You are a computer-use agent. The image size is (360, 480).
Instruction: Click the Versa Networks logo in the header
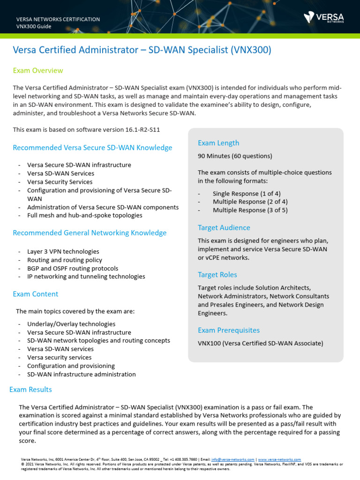click(x=323, y=17)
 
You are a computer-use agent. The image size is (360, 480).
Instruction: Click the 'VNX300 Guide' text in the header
click(x=34, y=26)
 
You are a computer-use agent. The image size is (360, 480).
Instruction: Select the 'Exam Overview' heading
click(x=38, y=70)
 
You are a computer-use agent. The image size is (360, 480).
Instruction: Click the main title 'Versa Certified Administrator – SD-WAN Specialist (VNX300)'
click(x=142, y=50)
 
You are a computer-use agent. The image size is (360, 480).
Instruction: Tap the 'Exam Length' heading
click(x=218, y=143)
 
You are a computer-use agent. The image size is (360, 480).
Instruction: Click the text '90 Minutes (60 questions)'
click(x=235, y=156)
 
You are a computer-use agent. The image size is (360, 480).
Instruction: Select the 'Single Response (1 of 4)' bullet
click(x=247, y=194)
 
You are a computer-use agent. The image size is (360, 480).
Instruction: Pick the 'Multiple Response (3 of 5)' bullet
click(x=250, y=210)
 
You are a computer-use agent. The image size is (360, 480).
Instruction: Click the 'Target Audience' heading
click(x=224, y=228)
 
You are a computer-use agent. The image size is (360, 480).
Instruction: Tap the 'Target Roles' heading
click(x=217, y=275)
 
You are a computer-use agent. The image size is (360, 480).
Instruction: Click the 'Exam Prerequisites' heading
click(x=229, y=330)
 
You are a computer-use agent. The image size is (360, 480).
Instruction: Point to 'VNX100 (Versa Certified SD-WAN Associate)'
click(x=260, y=343)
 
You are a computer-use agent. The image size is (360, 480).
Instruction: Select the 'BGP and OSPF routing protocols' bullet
click(x=73, y=268)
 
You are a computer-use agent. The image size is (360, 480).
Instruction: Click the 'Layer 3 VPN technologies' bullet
click(x=63, y=251)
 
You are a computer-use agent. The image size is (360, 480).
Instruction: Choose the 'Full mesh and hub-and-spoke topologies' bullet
click(x=85, y=216)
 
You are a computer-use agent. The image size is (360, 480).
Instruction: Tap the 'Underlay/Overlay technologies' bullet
click(x=71, y=324)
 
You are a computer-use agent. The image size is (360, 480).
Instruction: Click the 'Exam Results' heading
click(x=31, y=390)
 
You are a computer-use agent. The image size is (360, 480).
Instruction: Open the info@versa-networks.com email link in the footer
click(x=232, y=460)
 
